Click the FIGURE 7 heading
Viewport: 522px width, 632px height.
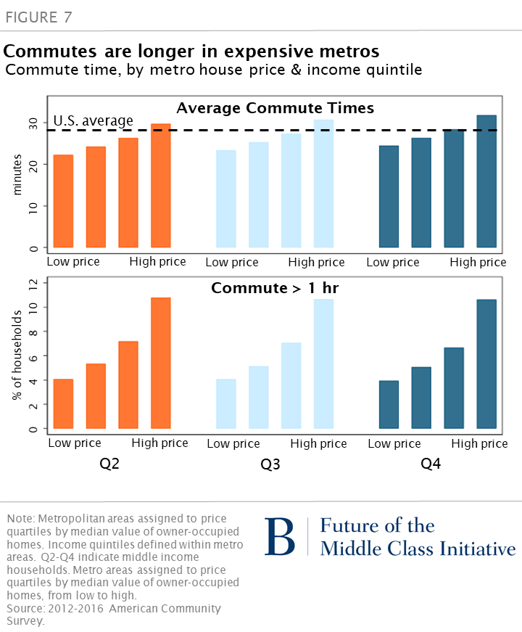coord(38,17)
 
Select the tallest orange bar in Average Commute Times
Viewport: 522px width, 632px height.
coord(160,186)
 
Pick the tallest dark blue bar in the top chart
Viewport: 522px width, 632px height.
coord(486,181)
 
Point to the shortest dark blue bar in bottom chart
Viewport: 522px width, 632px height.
coord(389,404)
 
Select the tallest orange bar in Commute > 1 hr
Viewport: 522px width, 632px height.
coord(160,363)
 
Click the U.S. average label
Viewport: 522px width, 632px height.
coord(94,120)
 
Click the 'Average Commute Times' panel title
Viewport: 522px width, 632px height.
coord(275,108)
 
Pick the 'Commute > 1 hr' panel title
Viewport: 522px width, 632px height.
coord(275,288)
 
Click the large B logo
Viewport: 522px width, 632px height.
coord(279,537)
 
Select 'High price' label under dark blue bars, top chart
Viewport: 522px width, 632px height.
coord(478,262)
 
